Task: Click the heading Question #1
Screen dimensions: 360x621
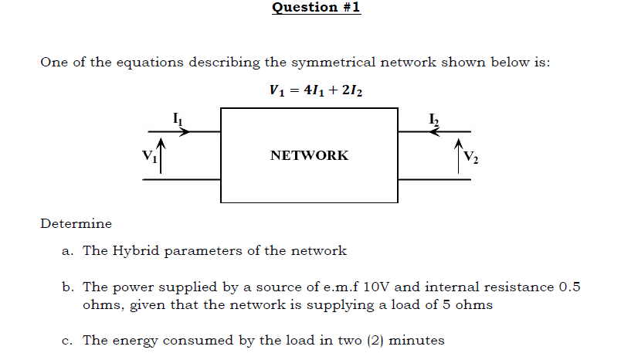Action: coord(317,8)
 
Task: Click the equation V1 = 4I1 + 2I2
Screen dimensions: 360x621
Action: coord(317,90)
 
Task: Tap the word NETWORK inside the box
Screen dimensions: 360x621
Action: coord(309,155)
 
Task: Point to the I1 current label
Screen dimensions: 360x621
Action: coord(177,118)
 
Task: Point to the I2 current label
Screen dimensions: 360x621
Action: coord(435,118)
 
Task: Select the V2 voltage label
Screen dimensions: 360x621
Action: coord(471,159)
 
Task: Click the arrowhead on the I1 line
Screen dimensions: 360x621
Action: coord(185,131)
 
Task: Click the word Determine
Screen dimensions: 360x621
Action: coord(76,224)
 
